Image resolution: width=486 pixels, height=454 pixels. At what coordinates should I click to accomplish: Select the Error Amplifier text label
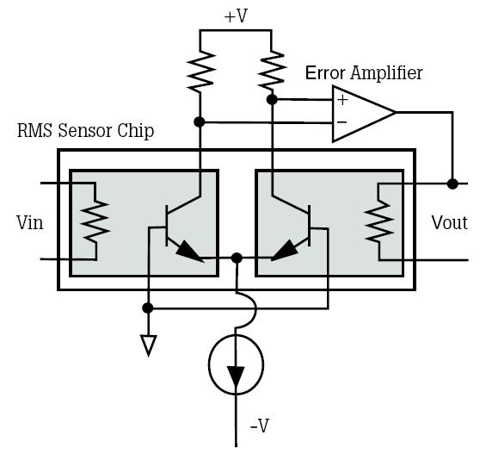pos(364,72)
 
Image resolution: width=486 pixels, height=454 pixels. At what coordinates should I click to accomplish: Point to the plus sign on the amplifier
pos(341,100)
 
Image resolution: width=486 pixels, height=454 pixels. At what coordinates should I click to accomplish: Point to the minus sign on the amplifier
pos(341,123)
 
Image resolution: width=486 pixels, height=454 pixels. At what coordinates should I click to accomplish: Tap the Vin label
pos(30,223)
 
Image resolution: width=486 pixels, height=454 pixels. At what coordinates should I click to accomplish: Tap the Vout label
pos(449,223)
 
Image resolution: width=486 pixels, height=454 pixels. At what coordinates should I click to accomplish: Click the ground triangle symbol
pos(149,345)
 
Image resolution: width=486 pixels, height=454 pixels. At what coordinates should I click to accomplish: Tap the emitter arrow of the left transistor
pos(190,252)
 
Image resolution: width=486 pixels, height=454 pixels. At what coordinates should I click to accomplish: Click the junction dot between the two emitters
pos(237,257)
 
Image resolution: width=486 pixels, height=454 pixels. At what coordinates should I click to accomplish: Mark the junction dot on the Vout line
pos(452,183)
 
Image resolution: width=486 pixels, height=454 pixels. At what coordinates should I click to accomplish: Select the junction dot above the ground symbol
pos(149,307)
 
